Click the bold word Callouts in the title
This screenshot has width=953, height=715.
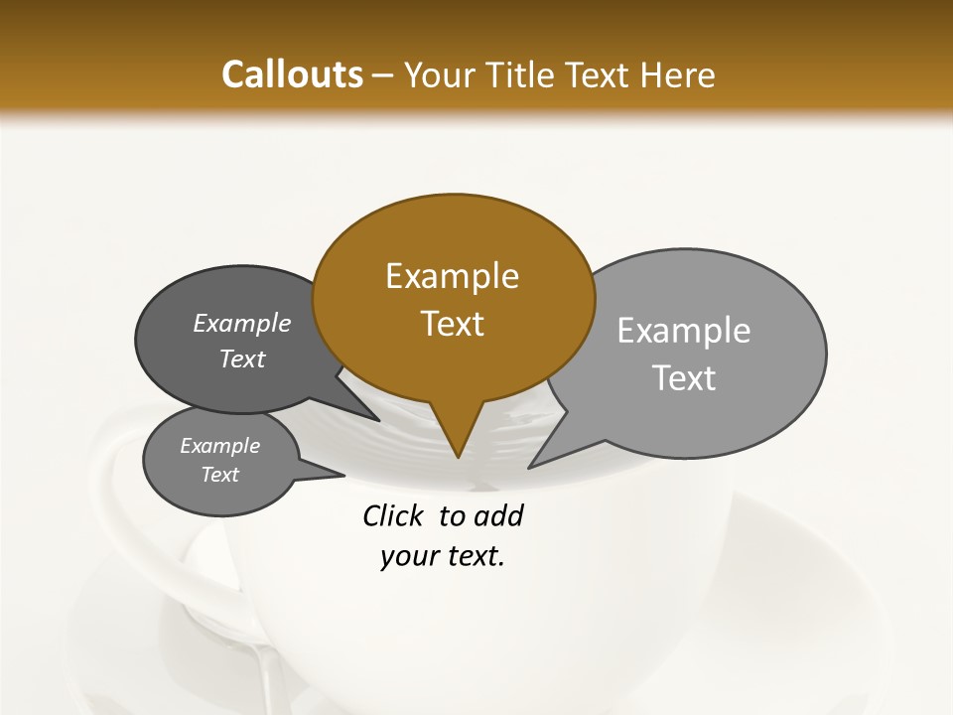coord(292,75)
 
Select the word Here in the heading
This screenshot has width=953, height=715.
coord(679,75)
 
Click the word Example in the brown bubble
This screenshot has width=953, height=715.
coord(452,276)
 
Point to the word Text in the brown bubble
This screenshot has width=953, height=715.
coord(452,324)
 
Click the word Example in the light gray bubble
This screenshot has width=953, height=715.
coord(684,331)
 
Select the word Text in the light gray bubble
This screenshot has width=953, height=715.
coord(684,378)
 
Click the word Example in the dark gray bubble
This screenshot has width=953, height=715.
coord(242,324)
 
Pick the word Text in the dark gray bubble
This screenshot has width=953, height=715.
coord(242,359)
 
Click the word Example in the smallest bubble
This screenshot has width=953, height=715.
coord(219,446)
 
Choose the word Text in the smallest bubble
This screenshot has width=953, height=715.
coord(219,475)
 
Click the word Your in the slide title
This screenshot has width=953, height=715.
coord(436,75)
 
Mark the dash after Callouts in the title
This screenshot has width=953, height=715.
coord(383,75)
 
